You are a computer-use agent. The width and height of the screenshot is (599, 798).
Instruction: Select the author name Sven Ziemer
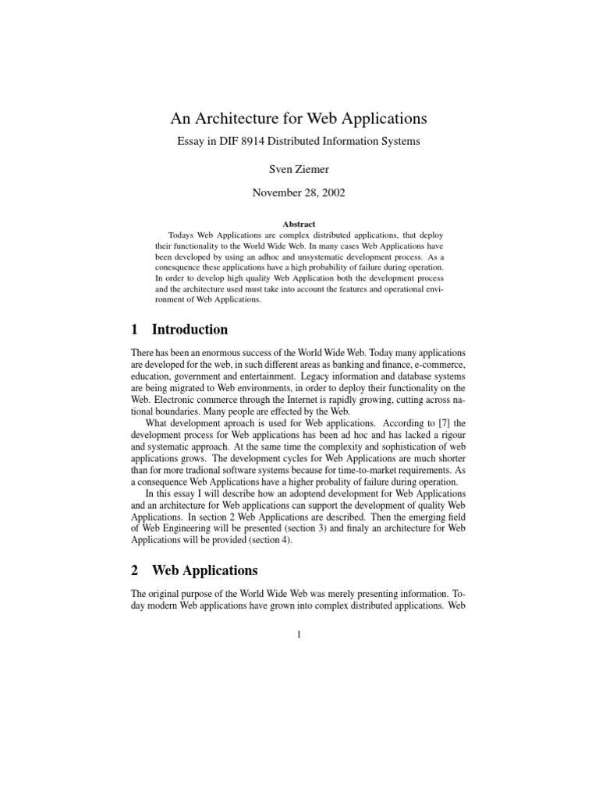click(299, 168)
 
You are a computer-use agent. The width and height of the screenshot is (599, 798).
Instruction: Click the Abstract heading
click(299, 224)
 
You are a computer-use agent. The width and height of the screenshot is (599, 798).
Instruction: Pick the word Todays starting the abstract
click(183, 235)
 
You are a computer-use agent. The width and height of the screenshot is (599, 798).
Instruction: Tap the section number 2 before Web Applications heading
click(136, 570)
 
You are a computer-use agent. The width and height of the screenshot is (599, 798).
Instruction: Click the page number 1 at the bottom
click(299, 634)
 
